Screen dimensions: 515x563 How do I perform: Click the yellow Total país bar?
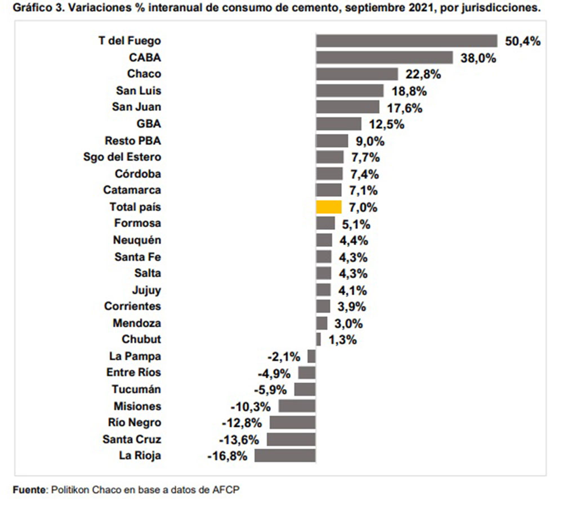click(x=329, y=207)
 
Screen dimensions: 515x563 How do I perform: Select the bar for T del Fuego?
click(x=406, y=41)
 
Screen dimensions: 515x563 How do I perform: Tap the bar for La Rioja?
click(x=285, y=455)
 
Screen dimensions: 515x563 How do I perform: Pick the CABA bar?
click(x=385, y=57)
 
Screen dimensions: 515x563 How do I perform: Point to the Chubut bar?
click(x=319, y=340)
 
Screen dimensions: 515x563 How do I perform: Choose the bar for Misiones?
click(x=297, y=406)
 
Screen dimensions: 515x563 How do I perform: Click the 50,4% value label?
click(x=522, y=41)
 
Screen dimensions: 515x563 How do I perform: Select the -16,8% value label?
click(x=227, y=455)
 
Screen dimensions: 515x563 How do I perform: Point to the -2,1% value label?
click(x=284, y=356)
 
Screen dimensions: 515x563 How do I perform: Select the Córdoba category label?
click(x=137, y=174)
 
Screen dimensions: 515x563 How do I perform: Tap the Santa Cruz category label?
click(x=132, y=439)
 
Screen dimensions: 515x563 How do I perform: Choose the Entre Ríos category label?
click(x=133, y=373)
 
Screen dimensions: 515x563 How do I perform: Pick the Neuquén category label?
click(x=137, y=240)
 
